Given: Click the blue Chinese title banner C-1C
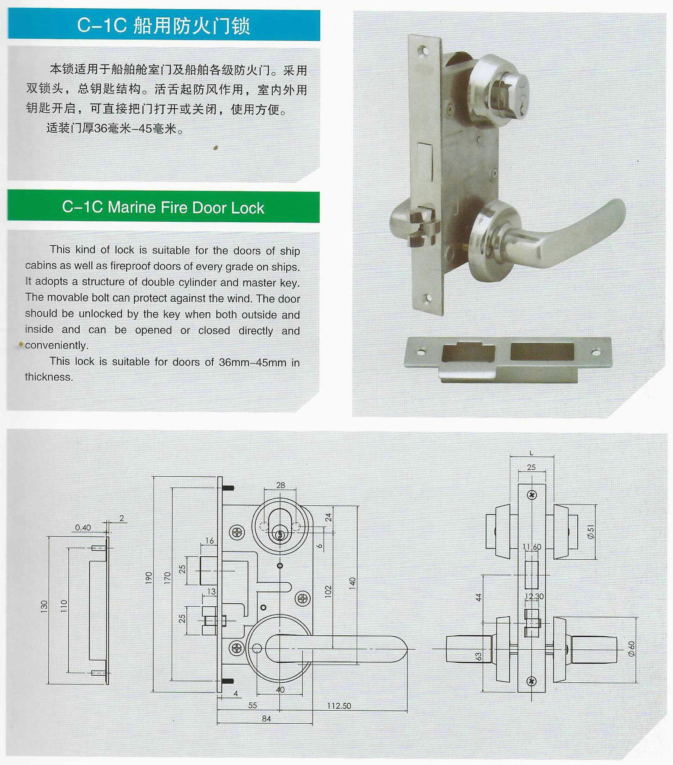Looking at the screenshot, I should pos(164,25).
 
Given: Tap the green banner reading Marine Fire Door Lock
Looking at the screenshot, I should pos(163,207).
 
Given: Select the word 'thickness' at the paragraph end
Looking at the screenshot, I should pos(49,377).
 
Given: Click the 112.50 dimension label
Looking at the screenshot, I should pos(339,706).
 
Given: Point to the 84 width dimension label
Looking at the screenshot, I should pos(266,719).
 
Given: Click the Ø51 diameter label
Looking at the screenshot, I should pos(590,531).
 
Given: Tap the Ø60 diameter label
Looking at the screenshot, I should pos(631,648).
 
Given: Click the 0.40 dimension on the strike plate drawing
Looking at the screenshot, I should pos(83,528).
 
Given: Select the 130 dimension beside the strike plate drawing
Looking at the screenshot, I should pos(44,607).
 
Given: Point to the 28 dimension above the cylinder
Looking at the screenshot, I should pos(281,485).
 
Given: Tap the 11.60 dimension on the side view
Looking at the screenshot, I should pos(532,547).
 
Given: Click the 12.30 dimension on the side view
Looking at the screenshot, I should pos(534,596).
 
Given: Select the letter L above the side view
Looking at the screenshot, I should pos(531,453).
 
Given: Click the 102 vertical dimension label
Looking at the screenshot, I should pos(328,591).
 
